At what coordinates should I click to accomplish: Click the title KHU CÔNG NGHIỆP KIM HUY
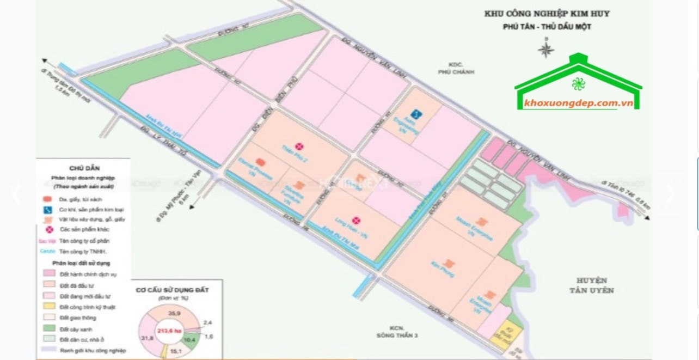tap(547, 14)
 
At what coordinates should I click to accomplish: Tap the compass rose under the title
tap(545, 50)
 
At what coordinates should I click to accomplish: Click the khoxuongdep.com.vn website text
tap(578, 103)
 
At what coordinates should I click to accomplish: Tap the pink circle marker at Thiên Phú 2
tap(299, 146)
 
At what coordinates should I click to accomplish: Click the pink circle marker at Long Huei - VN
tap(355, 221)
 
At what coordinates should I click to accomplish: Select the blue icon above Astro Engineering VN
tap(416, 114)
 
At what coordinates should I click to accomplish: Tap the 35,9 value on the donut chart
tap(174, 314)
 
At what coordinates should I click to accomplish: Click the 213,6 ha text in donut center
tap(169, 331)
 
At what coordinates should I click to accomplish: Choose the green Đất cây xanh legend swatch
tap(48, 330)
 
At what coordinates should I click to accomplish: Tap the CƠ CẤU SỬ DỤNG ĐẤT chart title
tap(171, 290)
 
